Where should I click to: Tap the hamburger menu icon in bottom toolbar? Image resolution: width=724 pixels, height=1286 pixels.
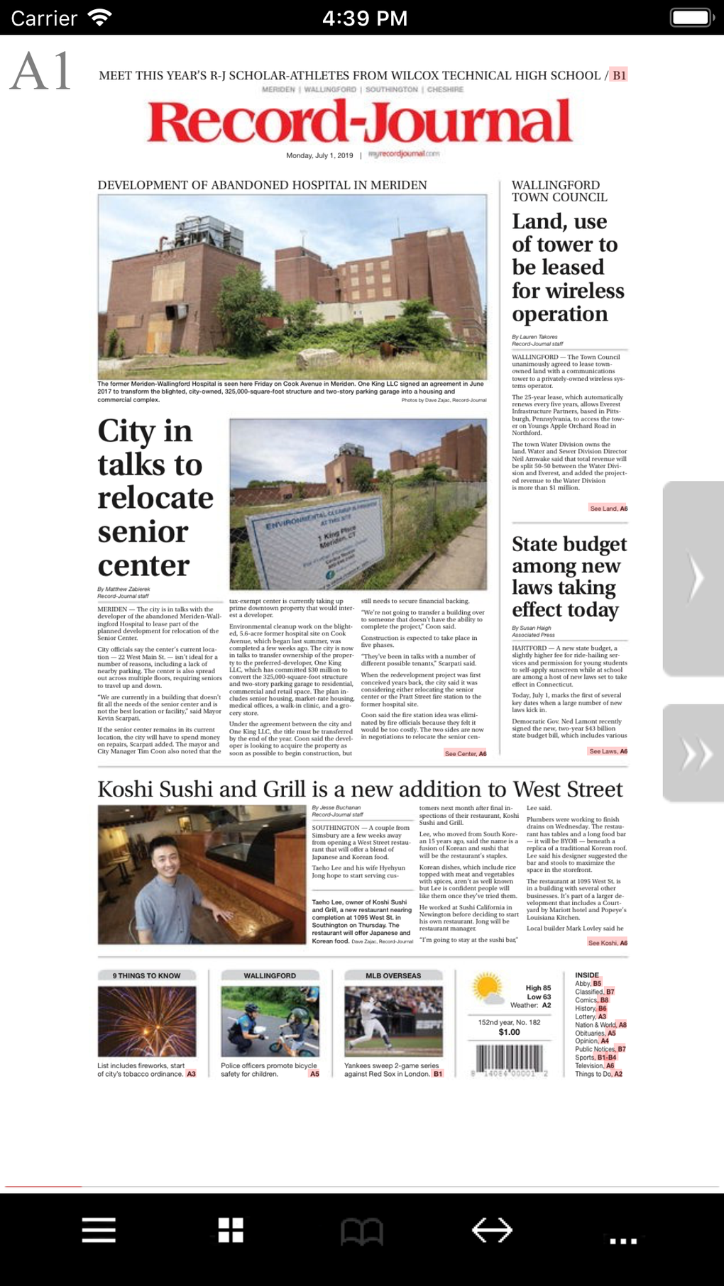(x=99, y=1230)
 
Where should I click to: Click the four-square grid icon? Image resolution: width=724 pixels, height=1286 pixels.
(x=231, y=1230)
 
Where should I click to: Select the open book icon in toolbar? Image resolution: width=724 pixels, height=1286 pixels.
(x=362, y=1231)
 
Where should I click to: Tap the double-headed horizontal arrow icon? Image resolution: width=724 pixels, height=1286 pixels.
(x=492, y=1230)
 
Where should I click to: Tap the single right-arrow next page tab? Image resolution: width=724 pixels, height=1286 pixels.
(x=694, y=578)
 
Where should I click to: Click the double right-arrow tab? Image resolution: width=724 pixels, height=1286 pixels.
(x=694, y=753)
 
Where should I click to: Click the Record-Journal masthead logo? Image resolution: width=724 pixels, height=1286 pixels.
(x=360, y=121)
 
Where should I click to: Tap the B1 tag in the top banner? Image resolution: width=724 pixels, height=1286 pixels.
(x=620, y=75)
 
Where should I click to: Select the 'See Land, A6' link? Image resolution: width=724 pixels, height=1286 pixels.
(x=608, y=509)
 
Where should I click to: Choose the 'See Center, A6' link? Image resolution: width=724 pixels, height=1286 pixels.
(x=465, y=753)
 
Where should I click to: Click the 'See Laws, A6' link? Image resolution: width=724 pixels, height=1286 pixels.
(x=608, y=751)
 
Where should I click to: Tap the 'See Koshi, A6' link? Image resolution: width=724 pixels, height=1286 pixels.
(x=608, y=943)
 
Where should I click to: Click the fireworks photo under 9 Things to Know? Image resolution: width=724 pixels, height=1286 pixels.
(x=147, y=1021)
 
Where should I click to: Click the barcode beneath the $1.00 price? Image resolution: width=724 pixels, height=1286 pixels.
(x=510, y=1060)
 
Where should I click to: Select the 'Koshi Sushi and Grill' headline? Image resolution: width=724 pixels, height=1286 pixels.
(x=360, y=789)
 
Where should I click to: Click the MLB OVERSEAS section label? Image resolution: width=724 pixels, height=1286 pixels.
(x=393, y=976)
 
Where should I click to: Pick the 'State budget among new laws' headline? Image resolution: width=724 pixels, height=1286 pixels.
(x=569, y=577)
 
